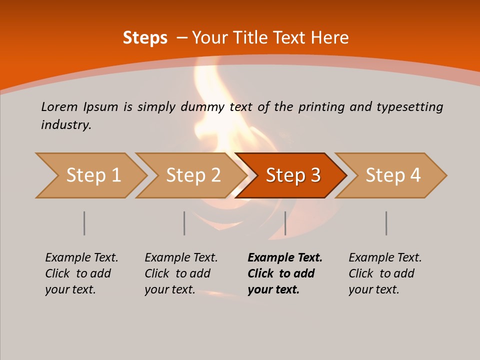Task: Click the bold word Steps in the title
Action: (x=145, y=38)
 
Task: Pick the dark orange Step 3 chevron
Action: (x=291, y=175)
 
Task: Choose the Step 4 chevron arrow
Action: (x=391, y=175)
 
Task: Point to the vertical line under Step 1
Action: (x=84, y=223)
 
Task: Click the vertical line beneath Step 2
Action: (x=184, y=223)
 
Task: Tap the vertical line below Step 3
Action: (x=285, y=223)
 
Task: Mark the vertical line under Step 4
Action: (x=386, y=223)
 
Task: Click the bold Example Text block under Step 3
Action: (x=285, y=273)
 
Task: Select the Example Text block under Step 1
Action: (x=81, y=273)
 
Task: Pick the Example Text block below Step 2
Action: (x=181, y=273)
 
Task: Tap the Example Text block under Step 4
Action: (x=385, y=273)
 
